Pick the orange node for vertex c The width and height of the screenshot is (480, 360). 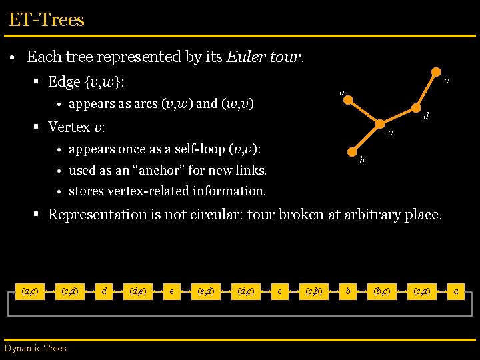click(380, 123)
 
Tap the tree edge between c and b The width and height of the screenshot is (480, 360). click(366, 137)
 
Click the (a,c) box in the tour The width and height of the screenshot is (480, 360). click(29, 291)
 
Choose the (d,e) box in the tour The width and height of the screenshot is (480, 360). click(137, 291)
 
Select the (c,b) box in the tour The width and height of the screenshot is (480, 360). click(313, 291)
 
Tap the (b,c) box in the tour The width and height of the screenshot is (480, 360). click(382, 291)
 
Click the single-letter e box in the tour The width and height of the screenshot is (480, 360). click(171, 291)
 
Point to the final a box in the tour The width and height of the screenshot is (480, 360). click(455, 291)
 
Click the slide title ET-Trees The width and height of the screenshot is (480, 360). click(47, 19)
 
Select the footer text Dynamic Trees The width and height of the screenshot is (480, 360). click(35, 347)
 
